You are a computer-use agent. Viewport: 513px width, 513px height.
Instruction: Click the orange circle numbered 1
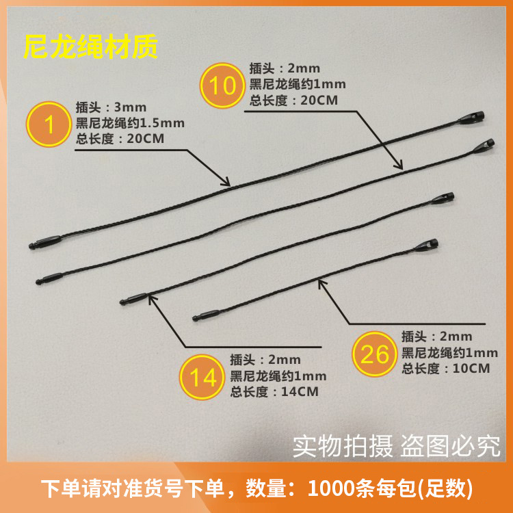coord(49,124)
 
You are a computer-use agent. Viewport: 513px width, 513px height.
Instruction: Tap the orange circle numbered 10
coord(222,85)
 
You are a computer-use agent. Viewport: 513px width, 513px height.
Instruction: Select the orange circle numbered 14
coord(202,377)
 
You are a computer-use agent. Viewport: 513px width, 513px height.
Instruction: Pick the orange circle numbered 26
coord(375,354)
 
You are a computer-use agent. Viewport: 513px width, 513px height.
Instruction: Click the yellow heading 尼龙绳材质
coord(90,47)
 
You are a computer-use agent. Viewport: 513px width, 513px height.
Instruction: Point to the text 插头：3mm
coord(111,107)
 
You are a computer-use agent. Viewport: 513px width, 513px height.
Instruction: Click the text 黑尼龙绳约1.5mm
coord(130,123)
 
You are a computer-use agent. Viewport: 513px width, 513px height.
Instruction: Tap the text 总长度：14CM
coord(274,392)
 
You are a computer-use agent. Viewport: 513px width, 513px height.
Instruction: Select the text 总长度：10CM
coord(445,369)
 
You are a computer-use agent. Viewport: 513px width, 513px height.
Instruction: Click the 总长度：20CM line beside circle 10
coord(293,100)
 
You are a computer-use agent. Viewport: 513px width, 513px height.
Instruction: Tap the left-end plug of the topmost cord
coord(45,241)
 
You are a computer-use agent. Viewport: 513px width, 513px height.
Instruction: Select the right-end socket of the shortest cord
coord(425,245)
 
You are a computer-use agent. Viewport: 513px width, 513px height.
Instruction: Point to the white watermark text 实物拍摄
coord(343,446)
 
